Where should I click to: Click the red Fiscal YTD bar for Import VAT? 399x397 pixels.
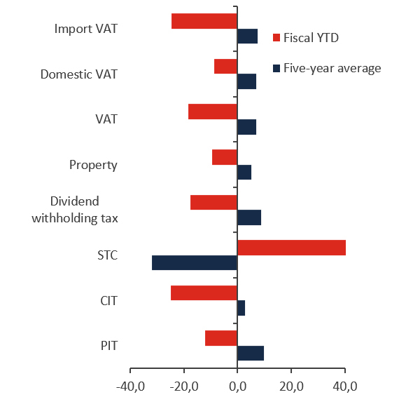[204, 21]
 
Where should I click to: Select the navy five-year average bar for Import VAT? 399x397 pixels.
[248, 36]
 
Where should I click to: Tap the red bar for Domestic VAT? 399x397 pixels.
[225, 67]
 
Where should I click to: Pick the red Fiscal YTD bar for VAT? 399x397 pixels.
[213, 112]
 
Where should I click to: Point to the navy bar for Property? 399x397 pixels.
[244, 173]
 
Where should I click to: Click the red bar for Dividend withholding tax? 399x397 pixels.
[213, 202]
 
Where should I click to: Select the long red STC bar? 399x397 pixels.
[292, 248]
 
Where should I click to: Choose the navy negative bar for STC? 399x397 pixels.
[195, 263]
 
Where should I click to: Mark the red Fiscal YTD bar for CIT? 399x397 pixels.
[204, 293]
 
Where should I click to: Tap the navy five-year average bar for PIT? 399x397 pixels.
[251, 354]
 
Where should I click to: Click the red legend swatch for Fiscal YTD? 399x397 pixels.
[276, 38]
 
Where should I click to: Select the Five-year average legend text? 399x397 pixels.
[332, 68]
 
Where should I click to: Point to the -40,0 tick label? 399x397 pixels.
[130, 386]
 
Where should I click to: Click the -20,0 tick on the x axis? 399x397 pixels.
[184, 386]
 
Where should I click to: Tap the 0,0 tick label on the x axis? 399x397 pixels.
[238, 386]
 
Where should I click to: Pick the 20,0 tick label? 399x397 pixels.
[291, 386]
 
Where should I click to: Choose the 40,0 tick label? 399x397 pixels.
[345, 386]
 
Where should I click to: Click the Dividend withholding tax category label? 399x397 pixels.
[75, 210]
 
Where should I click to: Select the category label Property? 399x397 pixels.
[93, 166]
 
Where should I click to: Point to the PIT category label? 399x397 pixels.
[108, 346]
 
